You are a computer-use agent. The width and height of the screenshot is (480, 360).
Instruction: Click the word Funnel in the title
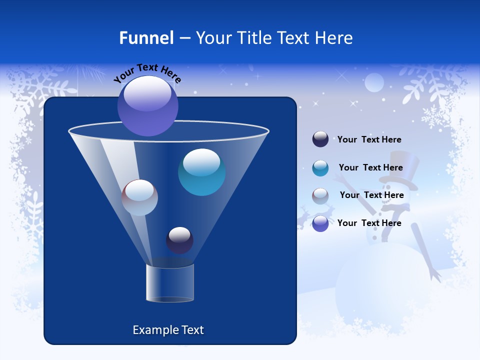(x=146, y=38)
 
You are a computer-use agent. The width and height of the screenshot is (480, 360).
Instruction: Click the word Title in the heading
(x=253, y=38)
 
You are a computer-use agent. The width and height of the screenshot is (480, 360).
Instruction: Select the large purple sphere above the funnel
(x=148, y=106)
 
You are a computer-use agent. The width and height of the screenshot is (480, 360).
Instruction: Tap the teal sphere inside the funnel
(x=201, y=172)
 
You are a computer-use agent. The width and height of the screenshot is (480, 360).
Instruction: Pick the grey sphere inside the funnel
(x=139, y=197)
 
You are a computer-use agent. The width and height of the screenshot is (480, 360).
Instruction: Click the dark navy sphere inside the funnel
(x=179, y=240)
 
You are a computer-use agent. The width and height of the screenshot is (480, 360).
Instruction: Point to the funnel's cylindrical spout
(x=170, y=283)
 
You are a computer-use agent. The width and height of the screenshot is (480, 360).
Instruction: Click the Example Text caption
(x=168, y=330)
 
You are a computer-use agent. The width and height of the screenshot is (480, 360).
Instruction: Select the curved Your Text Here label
(x=147, y=73)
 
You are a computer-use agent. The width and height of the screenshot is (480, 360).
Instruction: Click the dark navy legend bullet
(x=320, y=139)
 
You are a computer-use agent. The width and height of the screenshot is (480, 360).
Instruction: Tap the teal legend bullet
(x=320, y=168)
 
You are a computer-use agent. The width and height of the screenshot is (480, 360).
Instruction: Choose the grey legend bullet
(x=320, y=196)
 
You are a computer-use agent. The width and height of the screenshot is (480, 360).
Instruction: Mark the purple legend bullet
(x=320, y=223)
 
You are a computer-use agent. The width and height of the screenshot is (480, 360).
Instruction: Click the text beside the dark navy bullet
(x=369, y=139)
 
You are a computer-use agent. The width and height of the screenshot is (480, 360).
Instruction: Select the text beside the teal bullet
(x=370, y=167)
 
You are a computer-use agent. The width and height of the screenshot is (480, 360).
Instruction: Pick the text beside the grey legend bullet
(x=371, y=195)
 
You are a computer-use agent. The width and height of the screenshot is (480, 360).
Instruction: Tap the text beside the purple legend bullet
(x=369, y=223)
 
